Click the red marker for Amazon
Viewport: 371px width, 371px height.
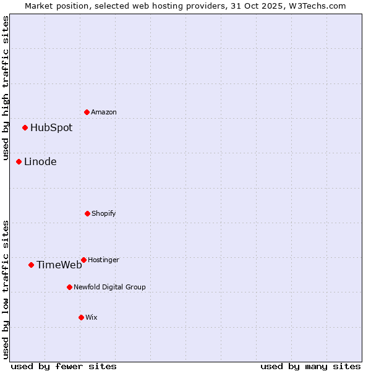pyautogui.click(x=87, y=112)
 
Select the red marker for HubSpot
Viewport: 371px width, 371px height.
pyautogui.click(x=25, y=127)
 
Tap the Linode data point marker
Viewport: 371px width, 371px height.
pyautogui.click(x=19, y=161)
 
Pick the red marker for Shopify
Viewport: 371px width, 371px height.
pyautogui.click(x=87, y=213)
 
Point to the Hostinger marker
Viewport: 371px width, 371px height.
pyautogui.click(x=83, y=260)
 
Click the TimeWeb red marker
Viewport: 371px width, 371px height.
pyautogui.click(x=31, y=265)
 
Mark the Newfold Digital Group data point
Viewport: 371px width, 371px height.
pyautogui.click(x=69, y=287)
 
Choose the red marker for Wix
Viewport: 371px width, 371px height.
pyautogui.click(x=81, y=317)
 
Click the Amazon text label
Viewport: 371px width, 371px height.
pyautogui.click(x=104, y=112)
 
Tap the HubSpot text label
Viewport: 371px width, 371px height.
pyautogui.click(x=51, y=128)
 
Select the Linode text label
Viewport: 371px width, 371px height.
pyautogui.click(x=40, y=162)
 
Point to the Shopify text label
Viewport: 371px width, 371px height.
pyautogui.click(x=104, y=213)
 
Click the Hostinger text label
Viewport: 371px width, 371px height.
pyautogui.click(x=103, y=260)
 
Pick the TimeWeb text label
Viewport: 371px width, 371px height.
pyautogui.click(x=59, y=265)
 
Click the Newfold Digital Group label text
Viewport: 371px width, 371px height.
pyautogui.click(x=109, y=287)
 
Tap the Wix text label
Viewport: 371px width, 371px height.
pyautogui.click(x=92, y=317)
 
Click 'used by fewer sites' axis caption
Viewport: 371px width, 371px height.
pyautogui.click(x=64, y=366)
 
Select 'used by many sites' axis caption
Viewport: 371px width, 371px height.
pyautogui.click(x=310, y=366)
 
